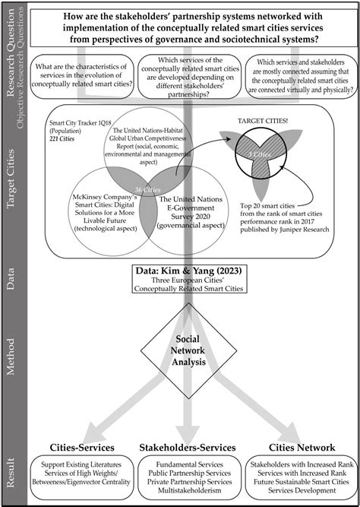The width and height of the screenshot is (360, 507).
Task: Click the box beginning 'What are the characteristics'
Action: (81, 81)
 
